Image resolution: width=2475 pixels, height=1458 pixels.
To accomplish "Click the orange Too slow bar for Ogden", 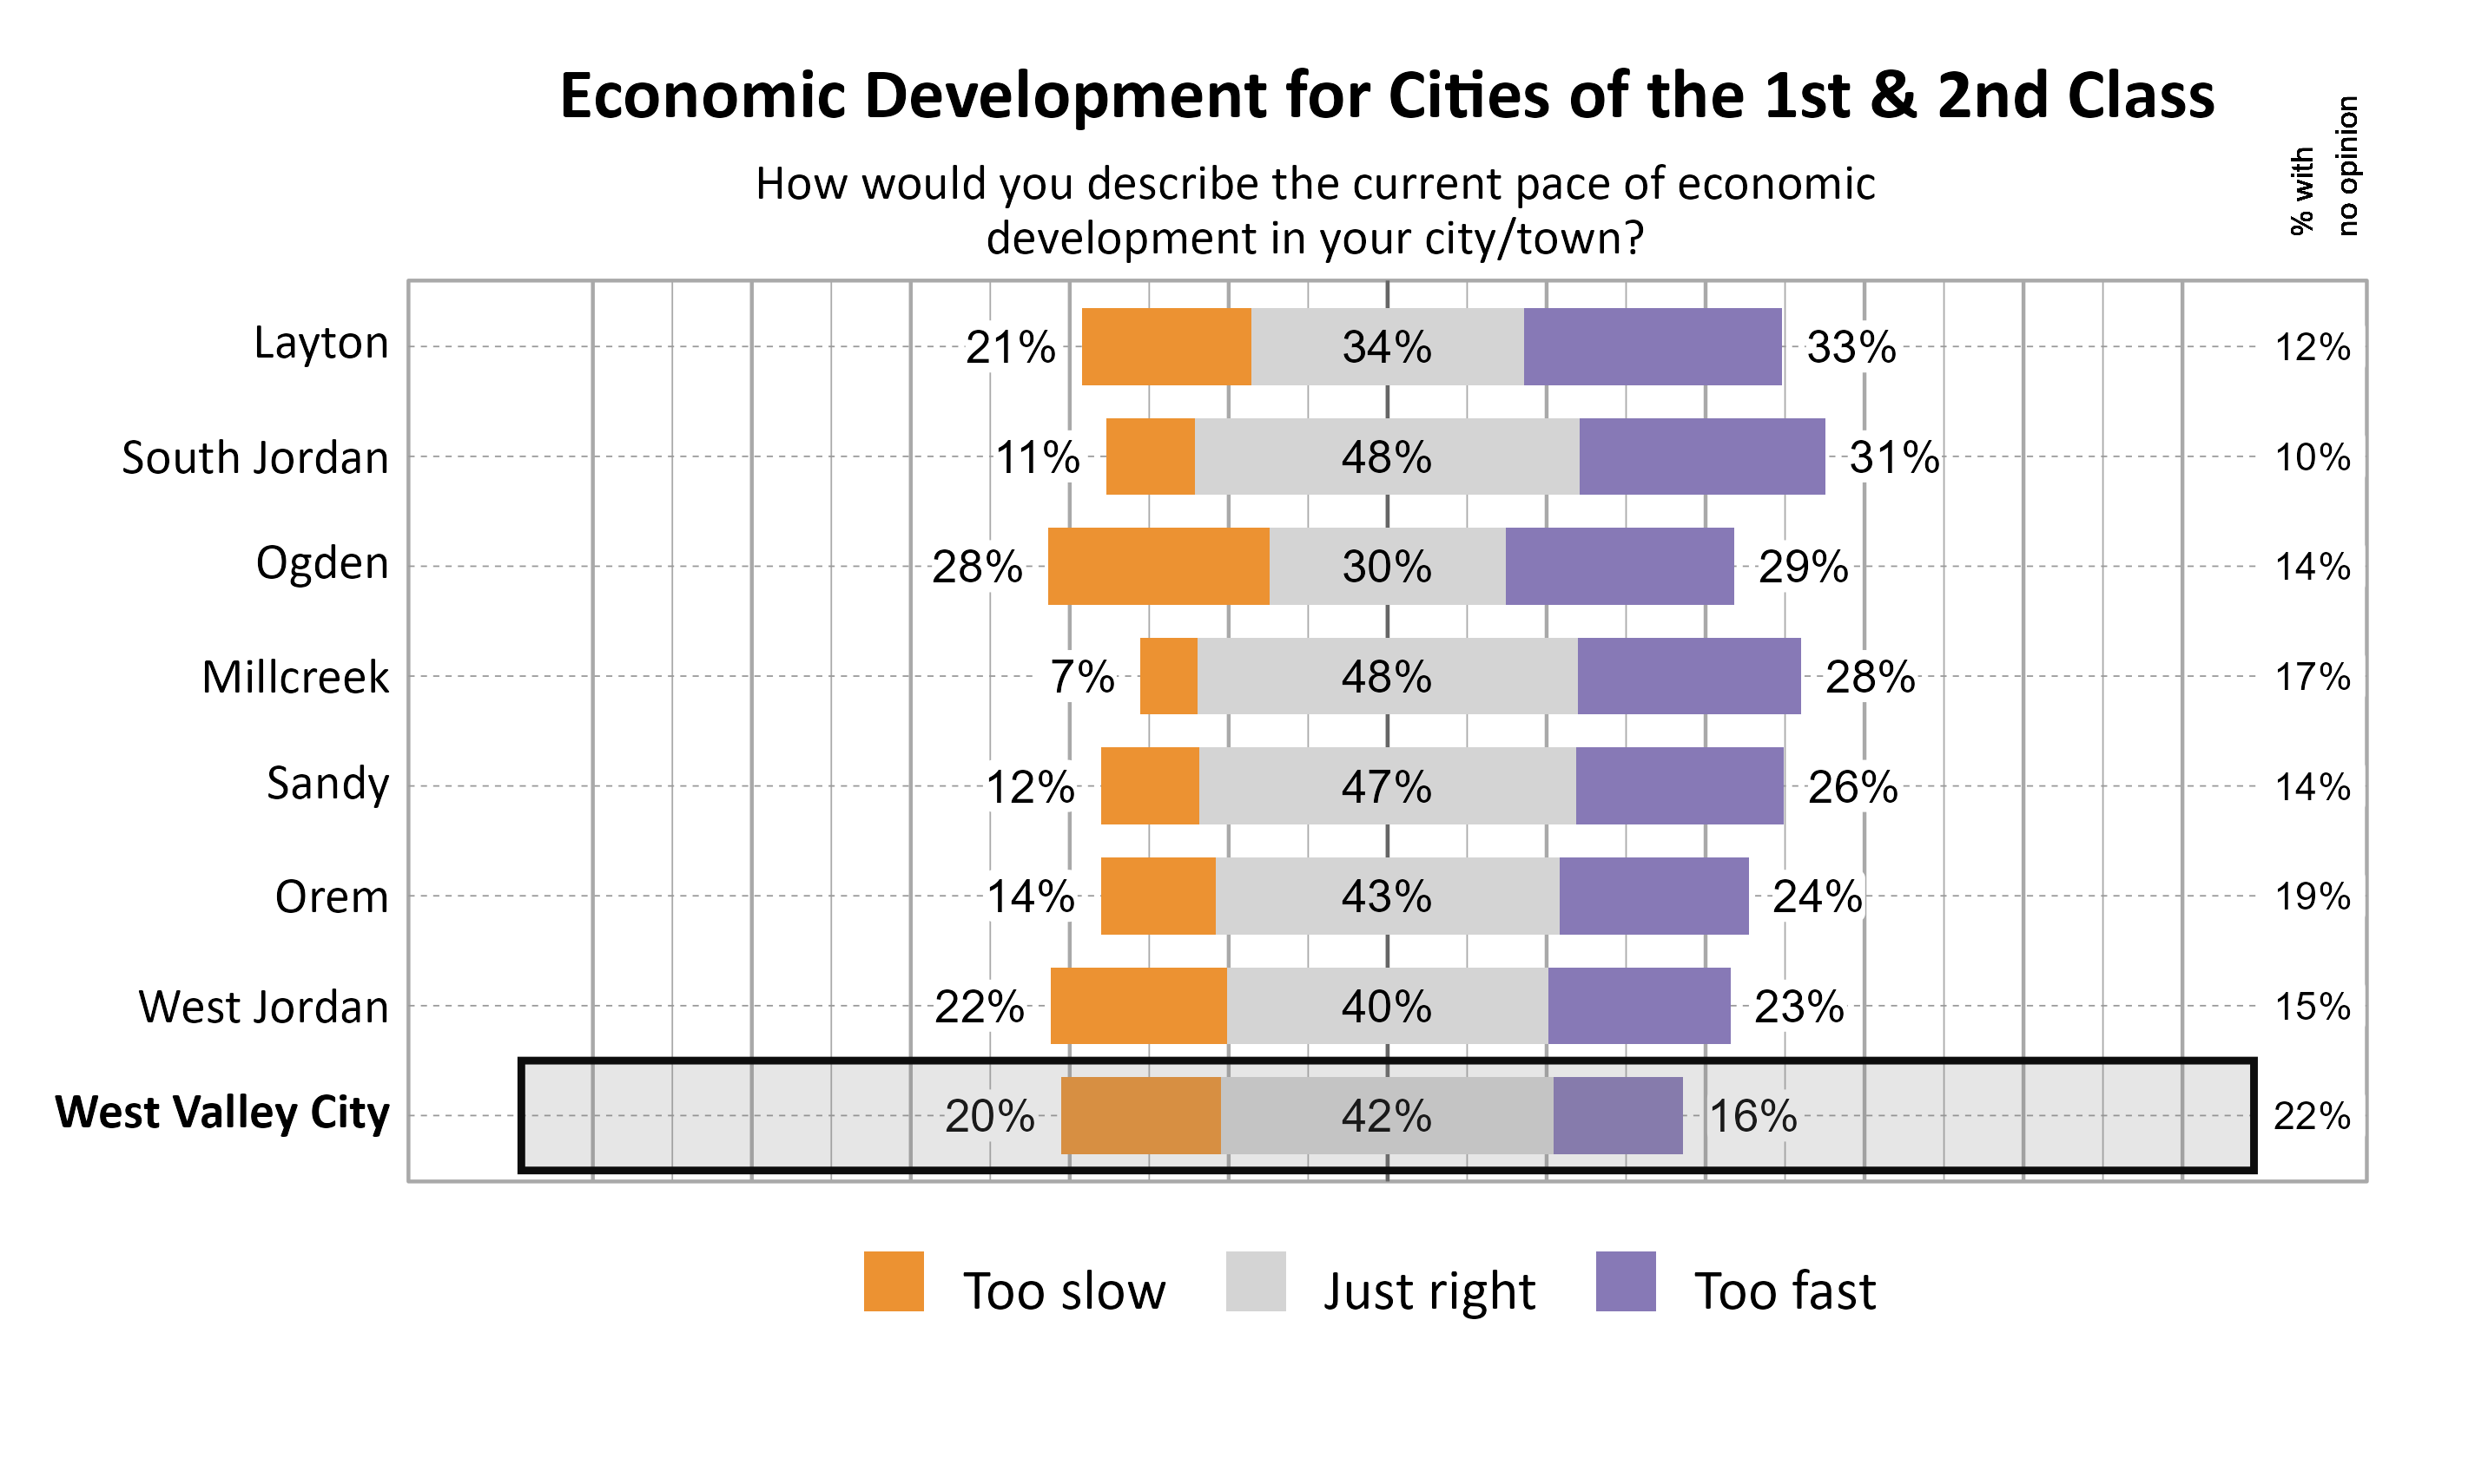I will point(1158,566).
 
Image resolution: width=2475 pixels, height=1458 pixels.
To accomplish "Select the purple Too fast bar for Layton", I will point(1653,347).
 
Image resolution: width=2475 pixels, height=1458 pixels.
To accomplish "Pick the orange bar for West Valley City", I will point(1140,1115).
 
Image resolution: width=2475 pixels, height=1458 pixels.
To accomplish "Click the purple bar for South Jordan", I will point(1701,456).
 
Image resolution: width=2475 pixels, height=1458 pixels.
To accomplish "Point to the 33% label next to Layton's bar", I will point(1851,347).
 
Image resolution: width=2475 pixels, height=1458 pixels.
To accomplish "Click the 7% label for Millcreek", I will point(1081,676).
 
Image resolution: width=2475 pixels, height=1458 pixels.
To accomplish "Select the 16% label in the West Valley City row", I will point(1752,1116).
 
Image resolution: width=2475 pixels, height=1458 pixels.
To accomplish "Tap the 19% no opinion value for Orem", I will point(2312,896).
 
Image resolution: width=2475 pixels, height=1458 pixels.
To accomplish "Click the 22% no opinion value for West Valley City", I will point(2311,1116).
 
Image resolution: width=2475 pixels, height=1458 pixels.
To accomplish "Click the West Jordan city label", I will point(263,1007).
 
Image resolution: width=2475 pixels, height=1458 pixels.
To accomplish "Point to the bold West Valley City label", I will point(222,1113).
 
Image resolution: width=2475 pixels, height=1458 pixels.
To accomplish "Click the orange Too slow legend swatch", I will point(894,1281).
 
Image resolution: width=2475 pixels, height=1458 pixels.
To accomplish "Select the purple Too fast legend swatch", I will point(1625,1281).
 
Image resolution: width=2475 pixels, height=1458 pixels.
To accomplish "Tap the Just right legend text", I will point(1429,1291).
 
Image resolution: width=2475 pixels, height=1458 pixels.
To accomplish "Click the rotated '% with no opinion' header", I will point(2324,167).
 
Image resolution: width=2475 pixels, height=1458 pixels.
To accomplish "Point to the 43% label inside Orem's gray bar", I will point(1386,896).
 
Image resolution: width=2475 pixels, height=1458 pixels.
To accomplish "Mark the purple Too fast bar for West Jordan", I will point(1639,1006).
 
